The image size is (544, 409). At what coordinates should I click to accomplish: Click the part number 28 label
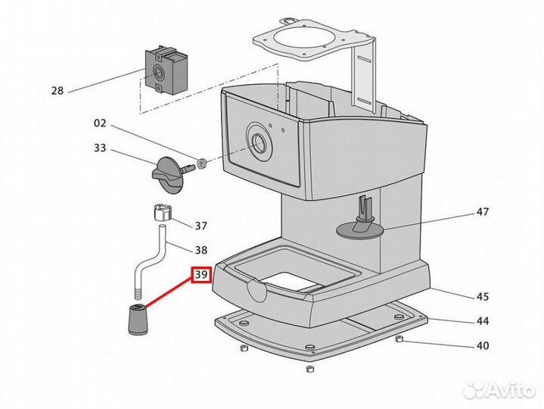(58, 91)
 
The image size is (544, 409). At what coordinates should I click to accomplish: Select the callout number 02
(100, 123)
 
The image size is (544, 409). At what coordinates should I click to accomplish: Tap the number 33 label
(100, 148)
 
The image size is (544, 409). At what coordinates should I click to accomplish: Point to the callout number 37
(201, 226)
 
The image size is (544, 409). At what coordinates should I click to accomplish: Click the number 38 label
(201, 250)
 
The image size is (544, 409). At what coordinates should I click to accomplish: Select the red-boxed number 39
(201, 275)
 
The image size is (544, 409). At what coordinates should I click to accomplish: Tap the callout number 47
(483, 211)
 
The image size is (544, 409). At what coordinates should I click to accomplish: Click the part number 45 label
(483, 297)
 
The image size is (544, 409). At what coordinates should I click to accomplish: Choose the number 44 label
(483, 321)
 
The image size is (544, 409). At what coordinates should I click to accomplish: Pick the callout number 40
(483, 346)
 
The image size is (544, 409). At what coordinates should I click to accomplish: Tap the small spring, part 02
(202, 163)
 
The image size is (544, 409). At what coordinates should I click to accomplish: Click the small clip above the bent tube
(162, 213)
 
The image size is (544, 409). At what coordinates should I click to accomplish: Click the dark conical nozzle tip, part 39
(138, 319)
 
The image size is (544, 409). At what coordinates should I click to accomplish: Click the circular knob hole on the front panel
(259, 142)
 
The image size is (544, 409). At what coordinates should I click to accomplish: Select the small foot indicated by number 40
(399, 339)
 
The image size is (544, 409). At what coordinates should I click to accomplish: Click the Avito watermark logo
(499, 389)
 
